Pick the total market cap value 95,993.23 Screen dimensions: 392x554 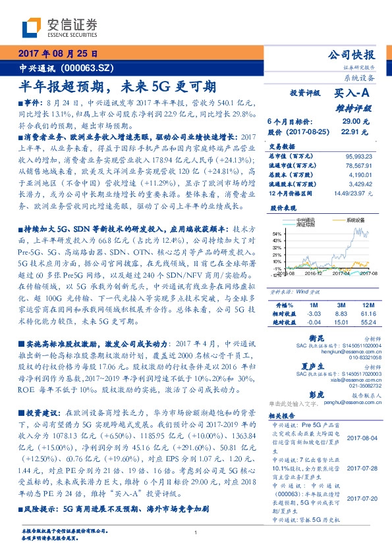(x=358, y=155)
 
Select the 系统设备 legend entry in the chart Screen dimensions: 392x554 (x=356, y=220)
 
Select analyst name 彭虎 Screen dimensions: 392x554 (x=316, y=395)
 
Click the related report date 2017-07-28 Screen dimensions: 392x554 (x=360, y=468)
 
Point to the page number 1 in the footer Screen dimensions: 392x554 (x=196, y=533)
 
